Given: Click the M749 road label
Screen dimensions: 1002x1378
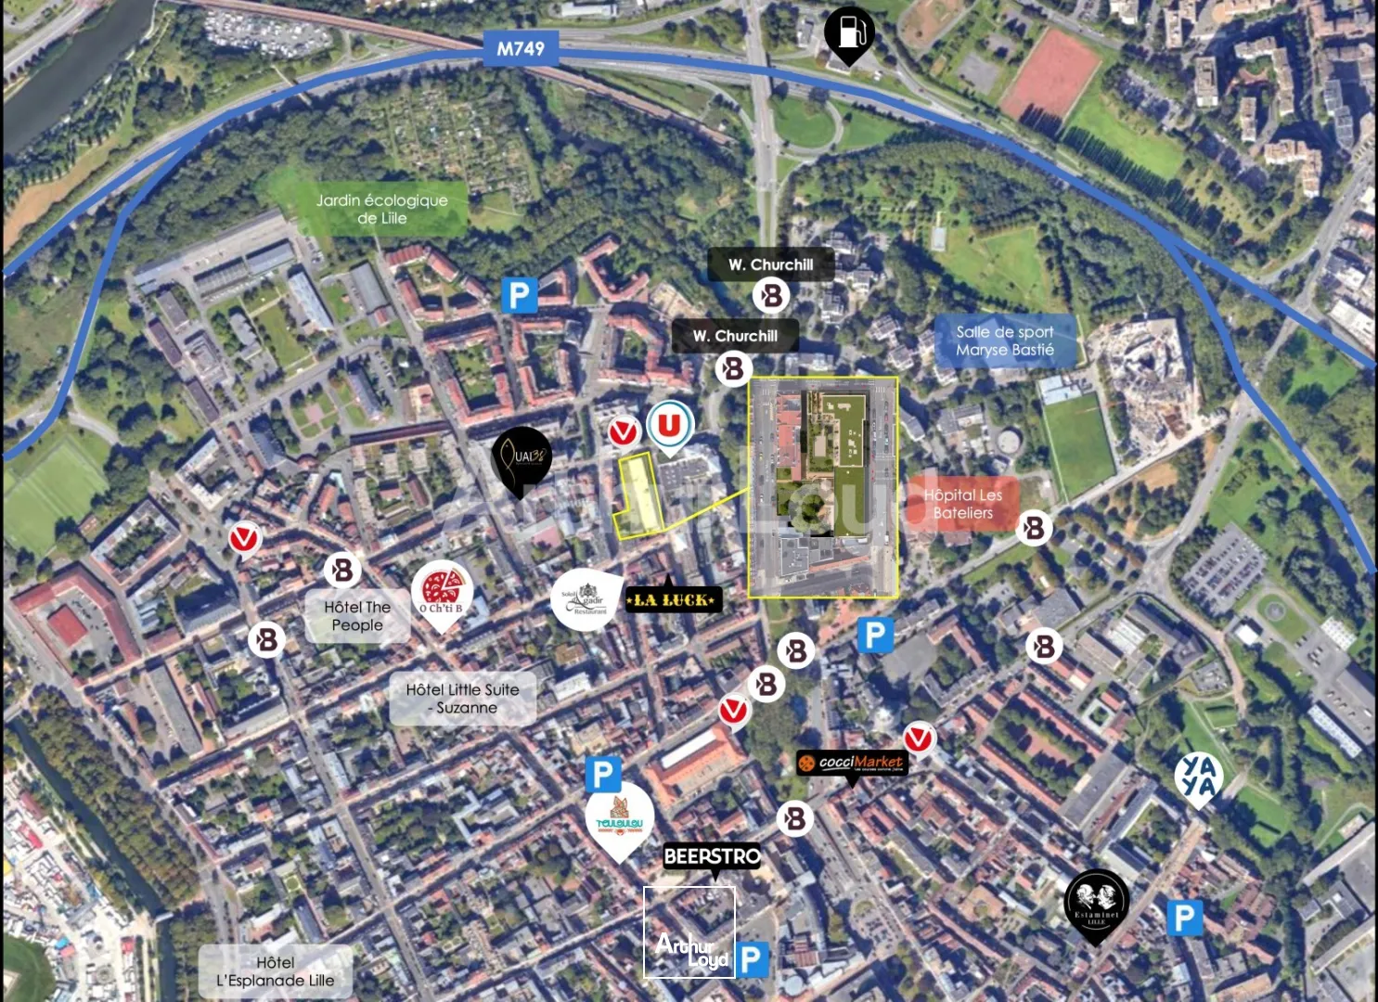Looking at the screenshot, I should pyautogui.click(x=520, y=48).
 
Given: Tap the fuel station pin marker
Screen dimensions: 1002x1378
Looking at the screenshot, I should pyautogui.click(x=849, y=33).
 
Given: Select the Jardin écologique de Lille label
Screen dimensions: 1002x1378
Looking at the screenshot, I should pyautogui.click(x=381, y=209).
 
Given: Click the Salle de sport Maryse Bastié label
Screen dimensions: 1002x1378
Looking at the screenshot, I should pyautogui.click(x=1005, y=340).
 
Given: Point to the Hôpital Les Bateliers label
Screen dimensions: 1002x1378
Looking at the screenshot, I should pyautogui.click(x=963, y=504).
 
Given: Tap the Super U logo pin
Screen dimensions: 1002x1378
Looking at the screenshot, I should pyautogui.click(x=670, y=426).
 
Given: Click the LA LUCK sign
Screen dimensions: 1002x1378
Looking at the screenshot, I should pyautogui.click(x=674, y=600).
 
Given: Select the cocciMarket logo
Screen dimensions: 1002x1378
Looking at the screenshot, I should pyautogui.click(x=852, y=763).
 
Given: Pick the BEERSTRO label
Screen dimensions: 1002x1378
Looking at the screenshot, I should pyautogui.click(x=712, y=856).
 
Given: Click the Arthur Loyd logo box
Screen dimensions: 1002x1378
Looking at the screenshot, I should pyautogui.click(x=689, y=931).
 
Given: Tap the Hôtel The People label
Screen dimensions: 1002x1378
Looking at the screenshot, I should pyautogui.click(x=357, y=616).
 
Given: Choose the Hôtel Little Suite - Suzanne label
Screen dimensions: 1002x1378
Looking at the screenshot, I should pyautogui.click(x=463, y=699).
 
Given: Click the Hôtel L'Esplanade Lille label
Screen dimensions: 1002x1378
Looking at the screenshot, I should pyautogui.click(x=276, y=971).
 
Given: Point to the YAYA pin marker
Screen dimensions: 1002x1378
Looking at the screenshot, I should pyautogui.click(x=1198, y=777).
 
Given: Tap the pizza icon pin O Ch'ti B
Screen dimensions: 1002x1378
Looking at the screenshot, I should pyautogui.click(x=442, y=591).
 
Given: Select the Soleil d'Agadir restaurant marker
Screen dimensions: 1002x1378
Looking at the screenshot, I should pyautogui.click(x=585, y=599).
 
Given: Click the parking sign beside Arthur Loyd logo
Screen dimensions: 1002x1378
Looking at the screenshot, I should pyautogui.click(x=753, y=960).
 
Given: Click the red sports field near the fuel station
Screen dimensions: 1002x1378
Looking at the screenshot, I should pyautogui.click(x=1050, y=71).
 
